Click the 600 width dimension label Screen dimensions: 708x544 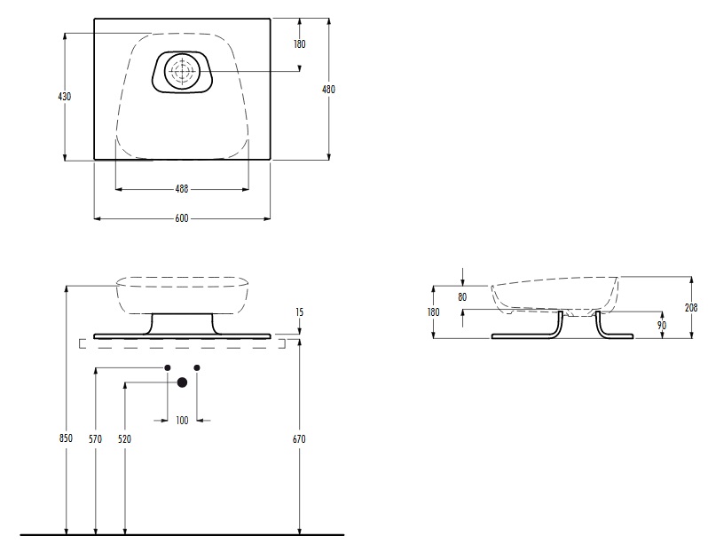(x=182, y=218)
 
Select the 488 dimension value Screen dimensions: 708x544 (x=182, y=189)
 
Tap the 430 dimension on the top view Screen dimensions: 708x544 (x=65, y=96)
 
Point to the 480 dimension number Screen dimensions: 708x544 (x=328, y=90)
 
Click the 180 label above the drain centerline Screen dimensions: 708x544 (x=299, y=43)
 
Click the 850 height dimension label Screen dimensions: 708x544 (x=66, y=438)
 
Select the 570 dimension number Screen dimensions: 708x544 (x=95, y=438)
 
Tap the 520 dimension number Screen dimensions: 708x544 (x=124, y=438)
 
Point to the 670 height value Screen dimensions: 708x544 (x=299, y=438)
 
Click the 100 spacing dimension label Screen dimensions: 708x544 (x=182, y=421)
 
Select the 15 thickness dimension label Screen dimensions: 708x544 (x=299, y=312)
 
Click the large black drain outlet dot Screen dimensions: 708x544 (x=182, y=382)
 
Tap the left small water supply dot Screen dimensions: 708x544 (x=168, y=367)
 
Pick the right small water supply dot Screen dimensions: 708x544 (x=197, y=367)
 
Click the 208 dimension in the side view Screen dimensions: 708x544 (x=691, y=308)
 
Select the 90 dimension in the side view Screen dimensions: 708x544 (x=662, y=326)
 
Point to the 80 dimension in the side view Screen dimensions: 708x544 (x=462, y=297)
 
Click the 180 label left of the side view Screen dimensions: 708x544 (x=433, y=311)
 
